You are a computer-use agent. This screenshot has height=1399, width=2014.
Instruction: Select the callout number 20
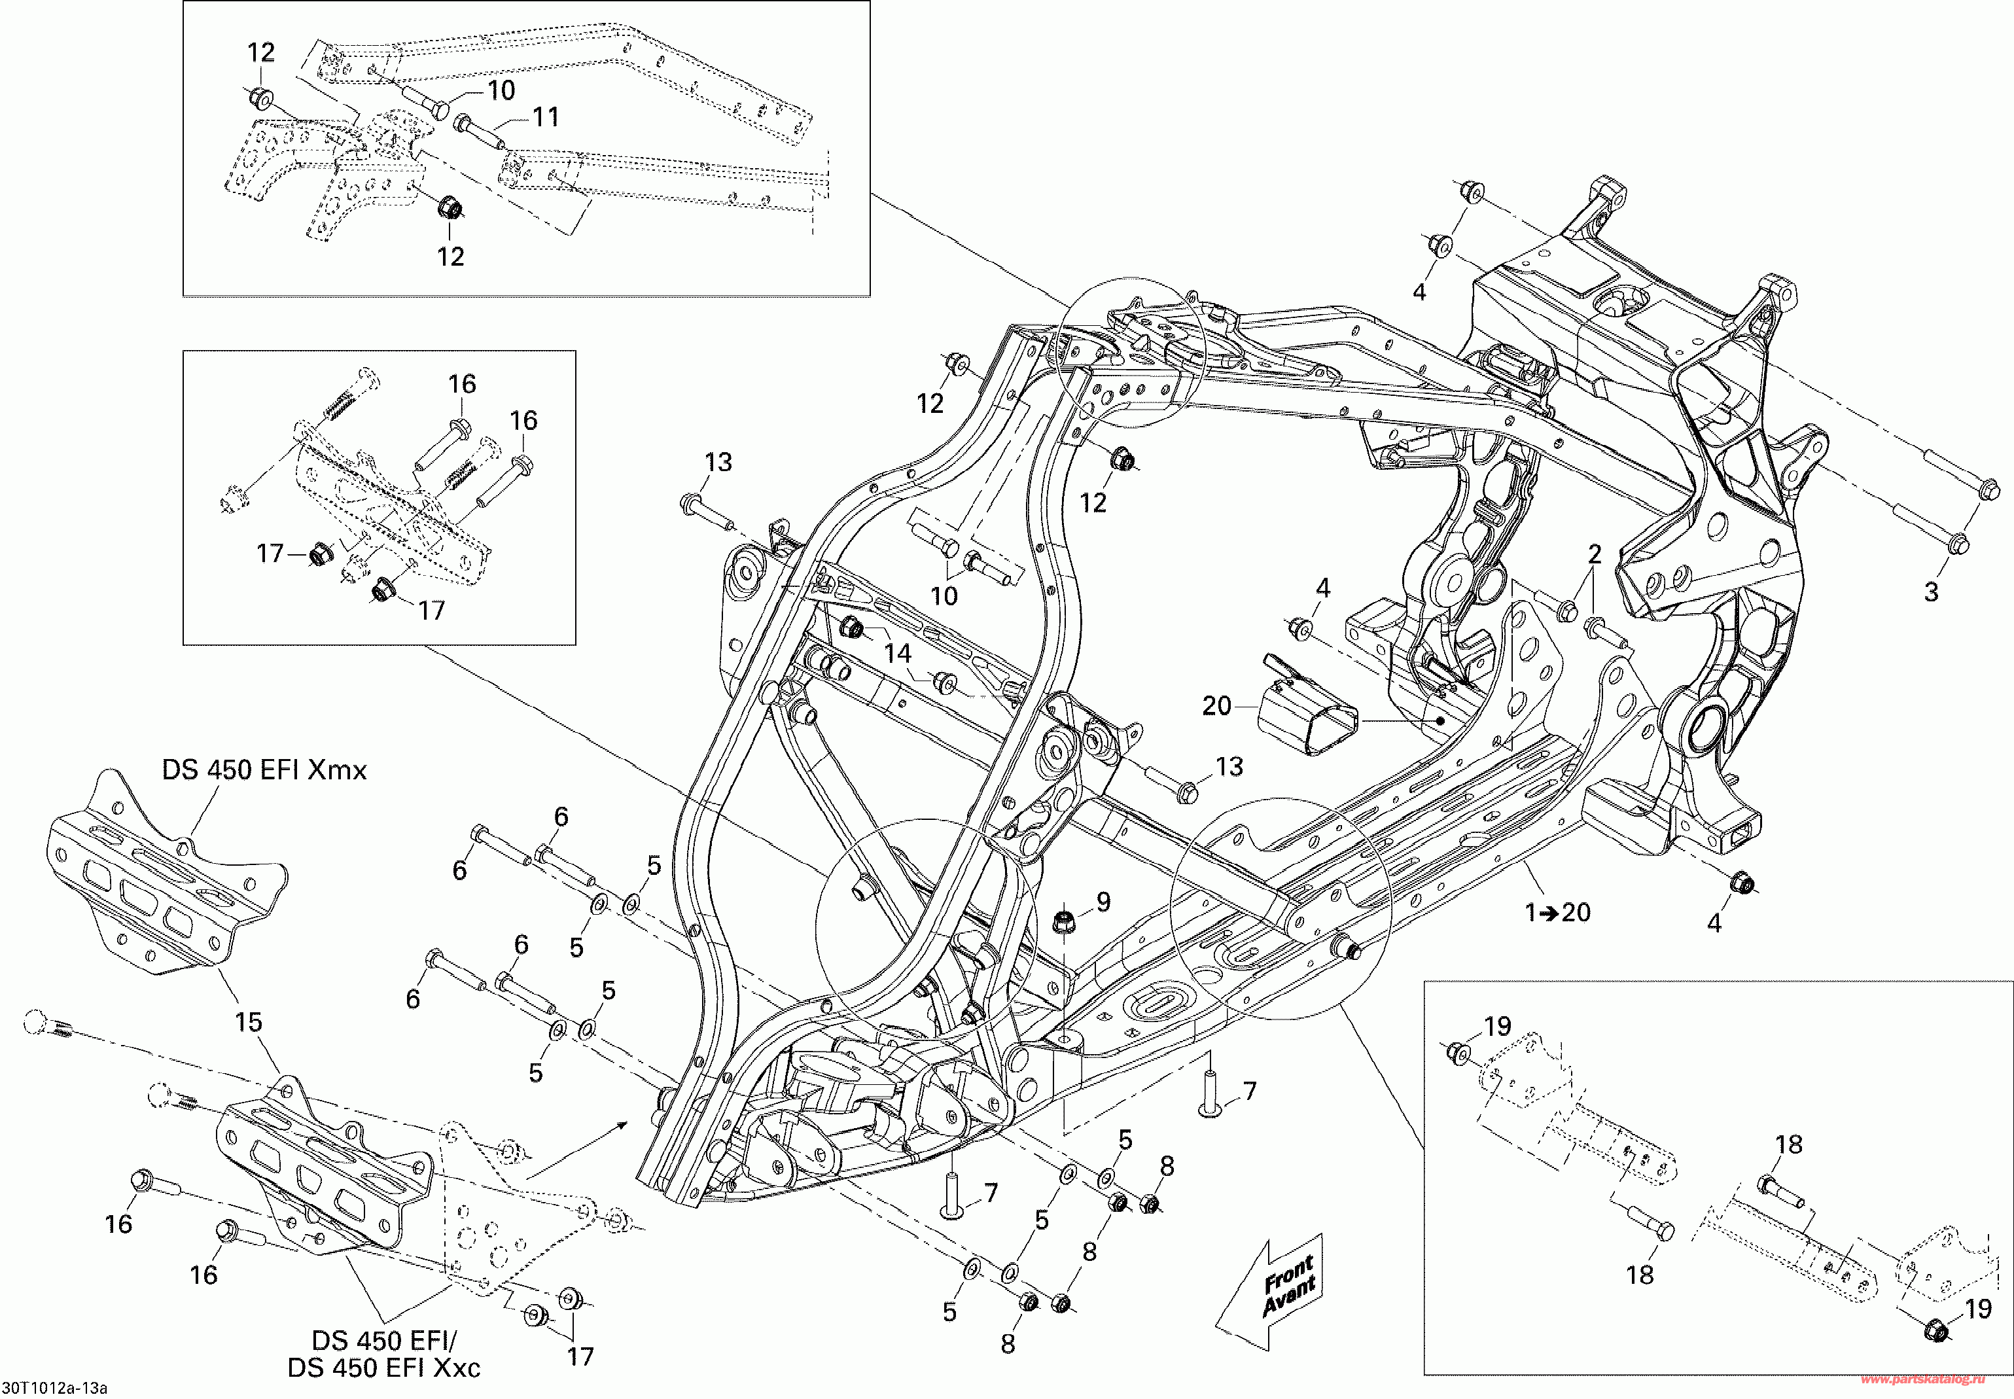(x=1216, y=705)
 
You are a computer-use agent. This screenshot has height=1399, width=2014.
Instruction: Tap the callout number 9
(x=1103, y=901)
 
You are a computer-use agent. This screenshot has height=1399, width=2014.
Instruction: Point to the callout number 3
(x=1932, y=592)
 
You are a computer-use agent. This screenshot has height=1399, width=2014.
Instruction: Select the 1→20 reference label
(x=1558, y=913)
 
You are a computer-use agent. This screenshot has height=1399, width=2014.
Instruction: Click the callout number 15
(x=248, y=1021)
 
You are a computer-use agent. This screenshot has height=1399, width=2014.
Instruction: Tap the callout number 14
(x=898, y=653)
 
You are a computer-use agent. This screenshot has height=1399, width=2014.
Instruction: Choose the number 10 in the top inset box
(x=501, y=90)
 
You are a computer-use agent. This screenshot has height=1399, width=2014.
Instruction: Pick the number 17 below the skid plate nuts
(x=580, y=1357)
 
